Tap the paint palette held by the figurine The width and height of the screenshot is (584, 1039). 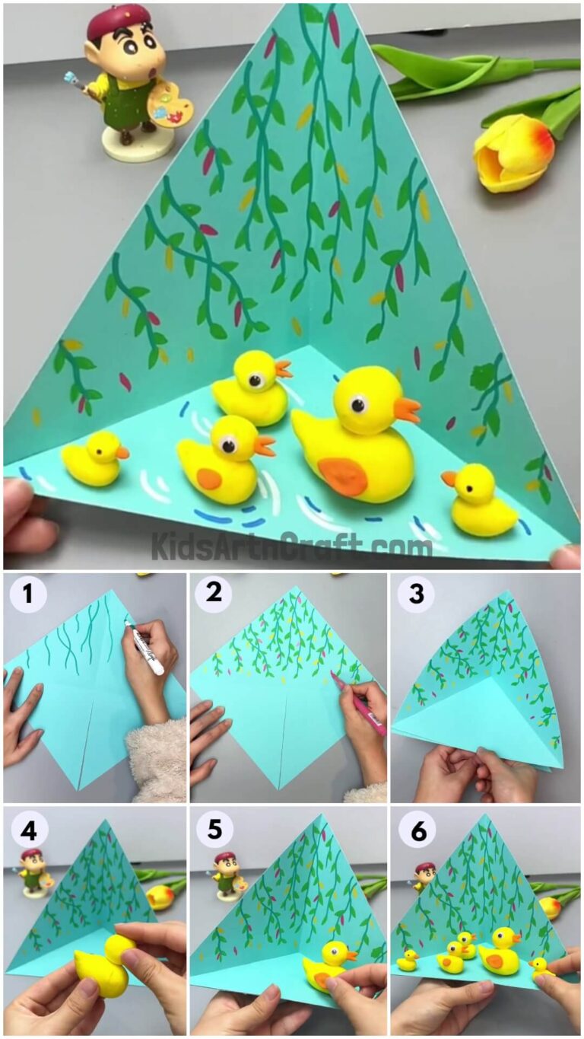(171, 105)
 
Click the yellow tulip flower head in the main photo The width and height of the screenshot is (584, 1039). (513, 152)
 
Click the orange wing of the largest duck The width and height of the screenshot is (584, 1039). (342, 476)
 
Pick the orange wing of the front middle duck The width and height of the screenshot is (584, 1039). (210, 479)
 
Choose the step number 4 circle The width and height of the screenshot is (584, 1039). (28, 830)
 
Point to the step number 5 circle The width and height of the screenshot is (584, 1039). (214, 830)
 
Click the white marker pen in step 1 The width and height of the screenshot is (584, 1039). (145, 649)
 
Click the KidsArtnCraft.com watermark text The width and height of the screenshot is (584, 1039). (292, 546)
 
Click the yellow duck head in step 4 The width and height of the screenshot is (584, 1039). (120, 948)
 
